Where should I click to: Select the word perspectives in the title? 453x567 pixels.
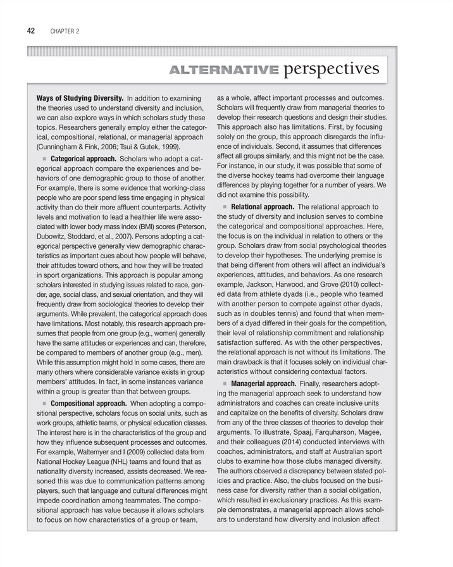click(332, 68)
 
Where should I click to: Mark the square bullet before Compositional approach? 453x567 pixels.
click(44, 402)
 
